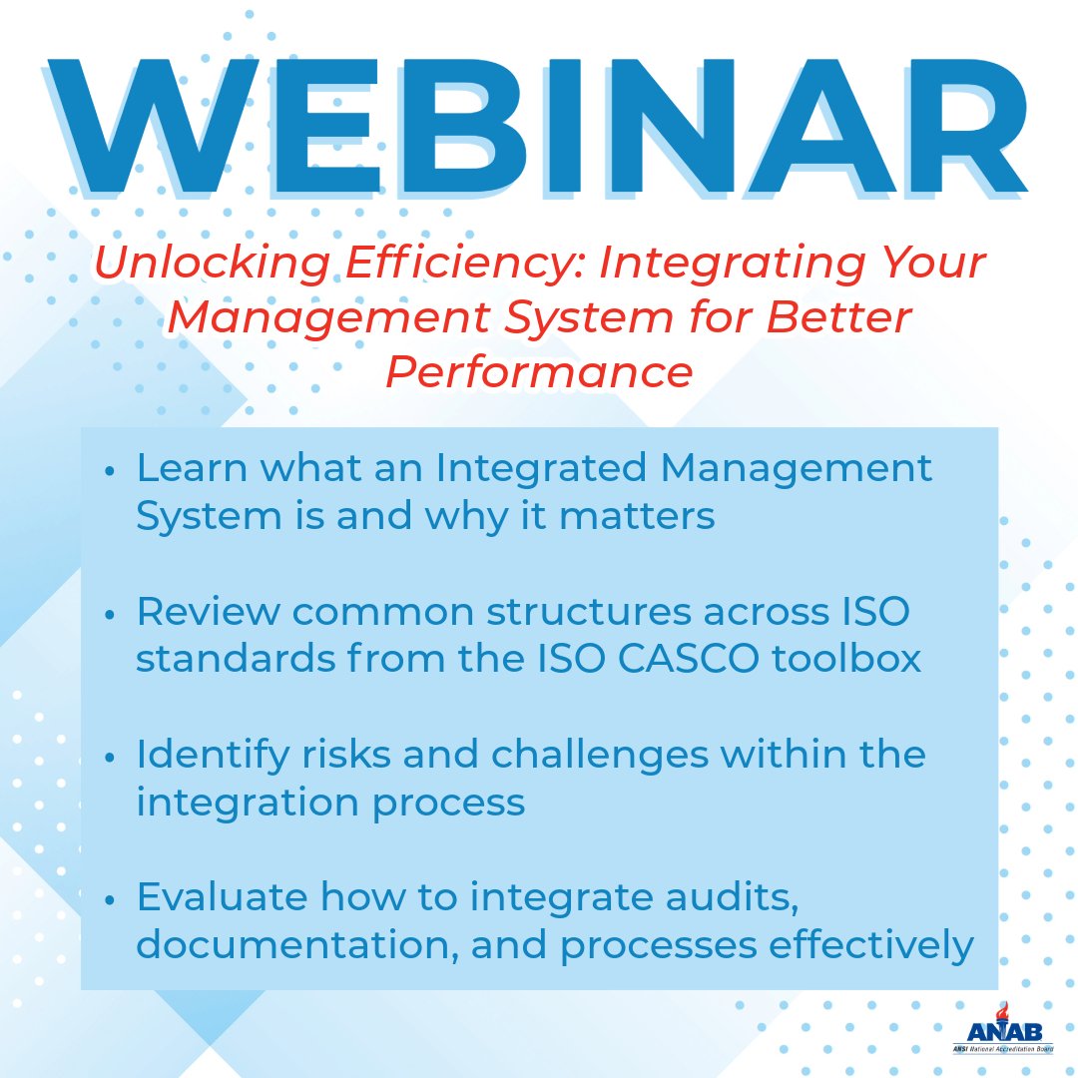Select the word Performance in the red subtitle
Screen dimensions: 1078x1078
coord(539,371)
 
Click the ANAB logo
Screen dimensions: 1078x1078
coord(987,1032)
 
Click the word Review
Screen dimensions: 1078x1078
coord(206,612)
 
